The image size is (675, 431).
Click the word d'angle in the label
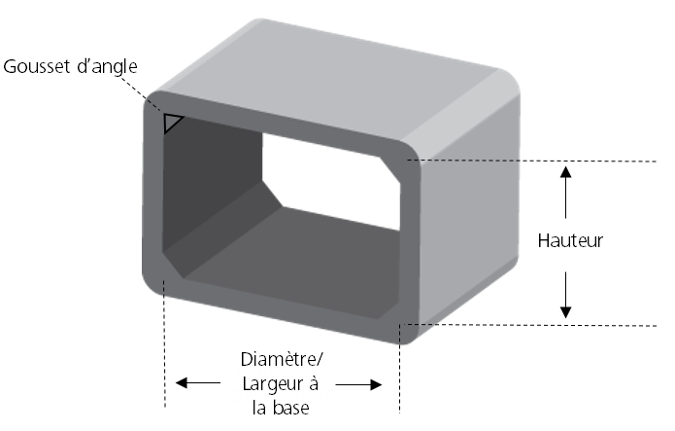coord(105,67)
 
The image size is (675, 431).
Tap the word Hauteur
coord(570,240)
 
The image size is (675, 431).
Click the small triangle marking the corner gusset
coord(173,123)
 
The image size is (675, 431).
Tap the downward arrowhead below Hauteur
coord(567,310)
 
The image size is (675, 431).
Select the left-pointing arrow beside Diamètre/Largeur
coord(194,383)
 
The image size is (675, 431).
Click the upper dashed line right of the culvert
coord(544,159)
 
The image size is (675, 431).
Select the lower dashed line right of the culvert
coord(544,324)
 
